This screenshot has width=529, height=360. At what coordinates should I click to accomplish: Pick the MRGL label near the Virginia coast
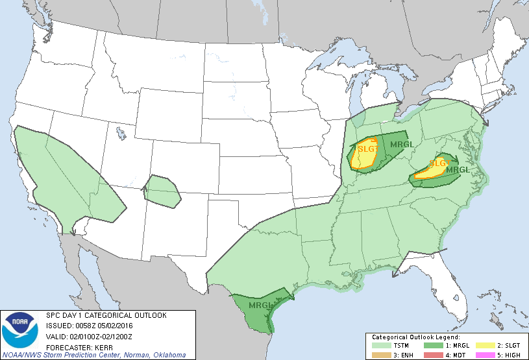coord(458,170)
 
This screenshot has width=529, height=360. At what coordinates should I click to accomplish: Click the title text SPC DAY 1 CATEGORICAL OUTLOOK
coord(106,315)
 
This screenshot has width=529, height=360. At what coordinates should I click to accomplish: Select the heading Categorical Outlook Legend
coord(415,337)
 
